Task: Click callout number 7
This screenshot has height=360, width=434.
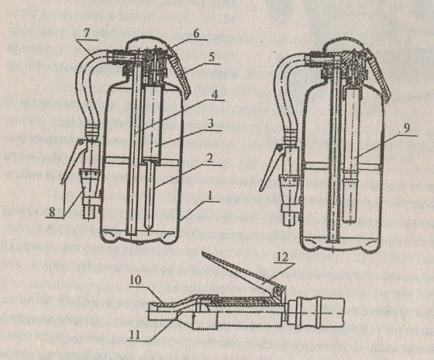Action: tap(86, 34)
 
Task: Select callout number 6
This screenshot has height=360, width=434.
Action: tap(196, 34)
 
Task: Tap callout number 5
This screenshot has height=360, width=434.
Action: tap(212, 57)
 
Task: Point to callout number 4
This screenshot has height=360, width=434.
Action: tap(215, 94)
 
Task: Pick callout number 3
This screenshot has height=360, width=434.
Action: tap(211, 123)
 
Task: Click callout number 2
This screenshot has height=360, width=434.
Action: tap(209, 158)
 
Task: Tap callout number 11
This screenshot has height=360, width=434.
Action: tap(135, 334)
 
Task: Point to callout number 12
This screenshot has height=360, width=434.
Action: tap(283, 258)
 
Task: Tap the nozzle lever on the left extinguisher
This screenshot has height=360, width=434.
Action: tap(71, 160)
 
